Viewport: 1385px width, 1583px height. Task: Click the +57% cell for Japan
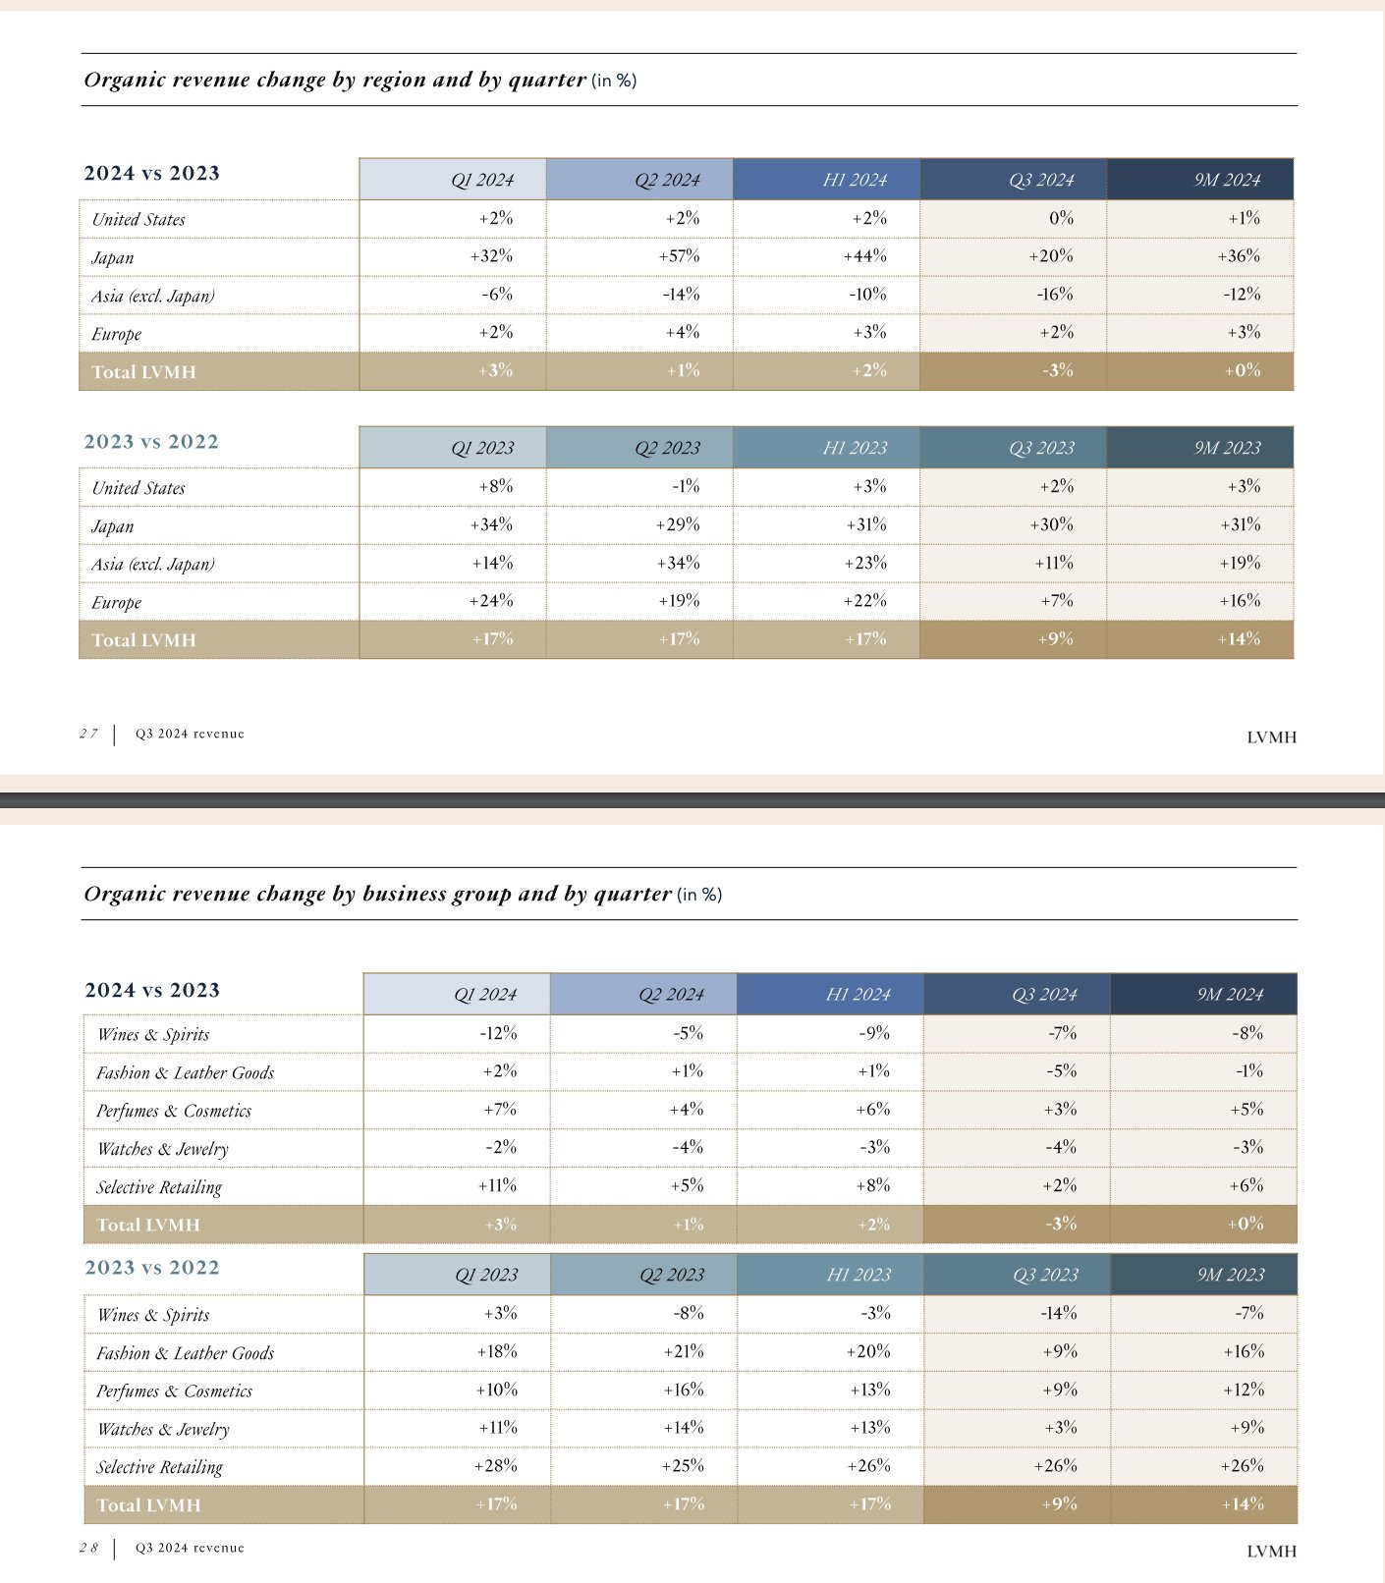coord(679,256)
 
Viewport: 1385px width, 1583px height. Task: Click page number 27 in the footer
coord(88,734)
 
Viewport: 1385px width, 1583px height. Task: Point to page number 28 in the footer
coord(88,1548)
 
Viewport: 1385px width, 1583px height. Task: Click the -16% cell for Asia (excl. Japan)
coord(1055,295)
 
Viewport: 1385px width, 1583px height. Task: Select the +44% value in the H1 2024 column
coord(864,256)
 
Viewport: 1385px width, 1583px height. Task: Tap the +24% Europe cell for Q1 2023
coord(491,601)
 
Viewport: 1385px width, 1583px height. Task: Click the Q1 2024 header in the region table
coord(481,180)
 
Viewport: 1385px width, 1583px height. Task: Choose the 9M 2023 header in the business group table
coord(1230,1275)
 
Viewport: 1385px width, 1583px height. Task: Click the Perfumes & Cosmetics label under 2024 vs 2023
coord(174,1111)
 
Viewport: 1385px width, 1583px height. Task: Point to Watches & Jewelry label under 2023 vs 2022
coord(163,1430)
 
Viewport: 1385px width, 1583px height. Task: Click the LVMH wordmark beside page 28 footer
coord(1271,1552)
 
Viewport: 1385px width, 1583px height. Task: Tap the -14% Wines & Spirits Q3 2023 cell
coord(1058,1313)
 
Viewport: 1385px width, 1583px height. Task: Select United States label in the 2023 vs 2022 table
coord(138,488)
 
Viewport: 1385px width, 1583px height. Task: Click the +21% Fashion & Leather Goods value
coord(684,1351)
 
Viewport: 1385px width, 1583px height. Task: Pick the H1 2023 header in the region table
coord(855,448)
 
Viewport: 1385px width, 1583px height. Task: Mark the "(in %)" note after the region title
coord(614,81)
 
